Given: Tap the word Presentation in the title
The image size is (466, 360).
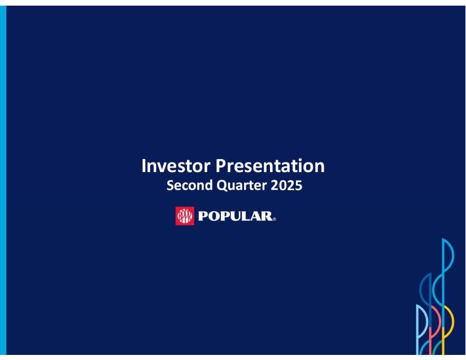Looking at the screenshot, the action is point(270,165).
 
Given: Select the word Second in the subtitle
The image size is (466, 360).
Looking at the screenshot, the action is point(190,185).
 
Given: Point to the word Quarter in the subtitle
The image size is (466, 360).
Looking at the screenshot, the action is point(242,186).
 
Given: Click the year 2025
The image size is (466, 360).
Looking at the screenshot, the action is point(286,185).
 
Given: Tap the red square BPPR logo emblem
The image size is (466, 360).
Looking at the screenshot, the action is point(185,216).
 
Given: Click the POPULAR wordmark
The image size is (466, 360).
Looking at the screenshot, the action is point(235,216).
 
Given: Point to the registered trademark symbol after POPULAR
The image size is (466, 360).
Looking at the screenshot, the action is point(274,219).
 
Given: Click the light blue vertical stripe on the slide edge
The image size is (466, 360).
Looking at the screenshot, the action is point(3,180).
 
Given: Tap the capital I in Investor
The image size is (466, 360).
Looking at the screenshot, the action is point(143,165).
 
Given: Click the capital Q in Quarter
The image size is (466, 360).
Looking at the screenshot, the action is point(223,186).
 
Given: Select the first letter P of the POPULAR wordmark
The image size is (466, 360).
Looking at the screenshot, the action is point(203,216).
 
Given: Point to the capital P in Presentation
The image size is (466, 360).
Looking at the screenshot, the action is point(220,165).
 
